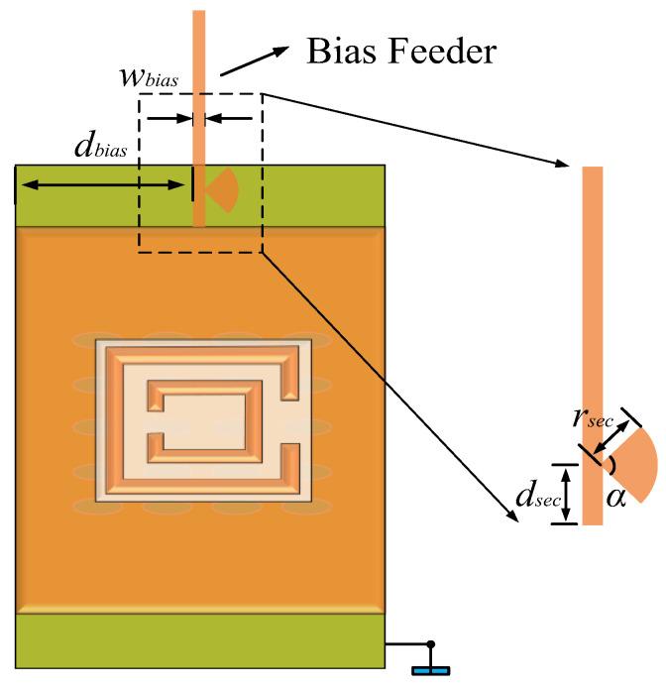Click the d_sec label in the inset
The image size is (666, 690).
tap(531, 495)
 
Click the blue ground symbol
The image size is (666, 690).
tap(430, 672)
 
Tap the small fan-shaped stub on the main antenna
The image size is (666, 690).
tap(222, 188)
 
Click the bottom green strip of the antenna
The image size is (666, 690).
tap(199, 640)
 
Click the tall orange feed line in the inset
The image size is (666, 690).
tap(593, 297)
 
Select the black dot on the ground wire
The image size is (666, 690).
tap(430, 645)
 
